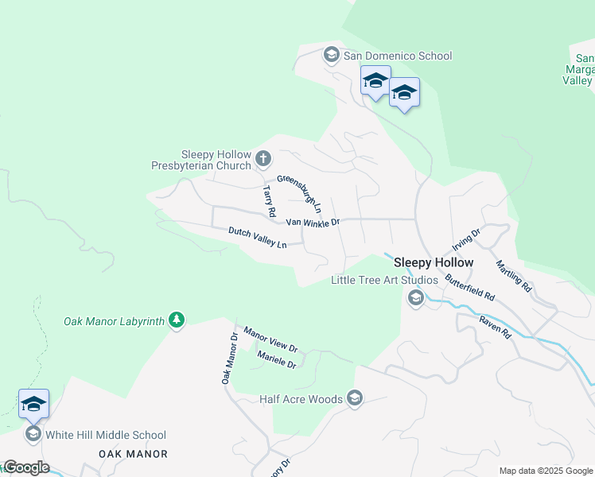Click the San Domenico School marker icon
point(331,56)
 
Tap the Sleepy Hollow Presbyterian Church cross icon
point(263,161)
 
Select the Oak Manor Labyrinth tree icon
point(177,321)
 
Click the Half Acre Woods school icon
point(355,399)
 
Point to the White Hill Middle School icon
point(33,434)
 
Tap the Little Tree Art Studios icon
point(414,298)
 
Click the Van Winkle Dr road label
point(313,223)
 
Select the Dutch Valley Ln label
point(257,238)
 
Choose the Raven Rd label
point(494,327)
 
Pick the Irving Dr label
point(466,238)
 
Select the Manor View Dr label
point(270,339)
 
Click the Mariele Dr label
point(277,360)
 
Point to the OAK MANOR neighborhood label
point(133,454)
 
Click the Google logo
point(25,467)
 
